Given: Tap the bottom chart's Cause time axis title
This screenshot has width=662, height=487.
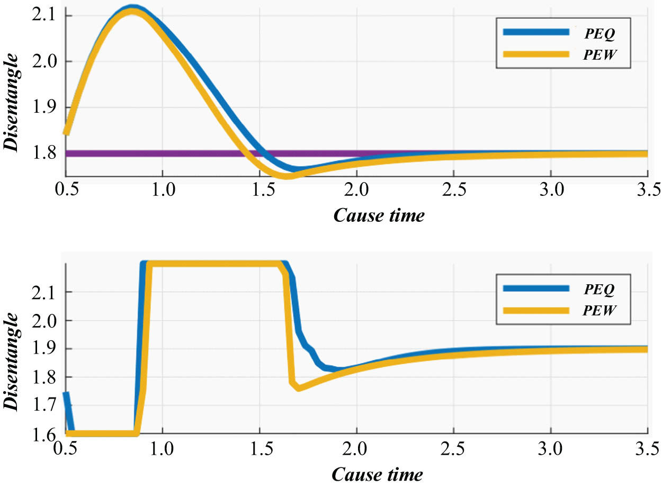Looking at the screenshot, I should (378, 474).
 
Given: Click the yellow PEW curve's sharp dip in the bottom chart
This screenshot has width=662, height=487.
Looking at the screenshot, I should (299, 388).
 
